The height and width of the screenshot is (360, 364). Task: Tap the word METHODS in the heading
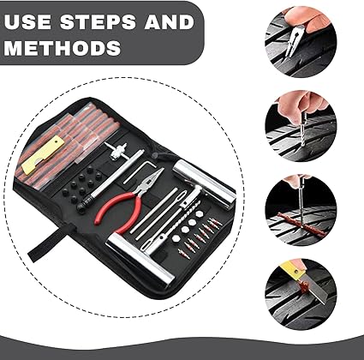[62, 46]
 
